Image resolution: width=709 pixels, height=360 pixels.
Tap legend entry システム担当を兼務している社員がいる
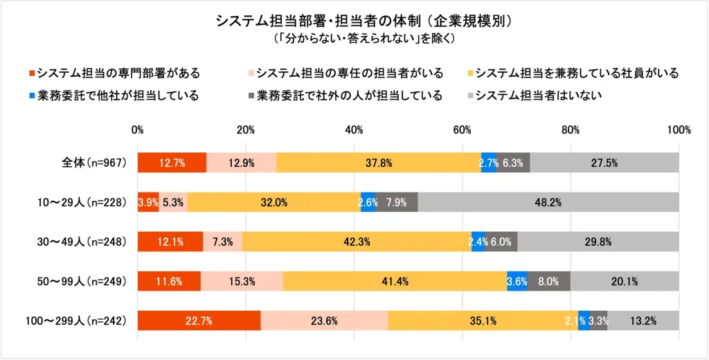(577, 73)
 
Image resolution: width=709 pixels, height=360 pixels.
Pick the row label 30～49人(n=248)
(80, 242)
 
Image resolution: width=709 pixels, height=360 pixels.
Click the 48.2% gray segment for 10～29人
(548, 202)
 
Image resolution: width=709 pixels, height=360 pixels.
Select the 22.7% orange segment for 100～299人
(199, 321)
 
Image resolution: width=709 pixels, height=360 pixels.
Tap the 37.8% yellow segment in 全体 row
(378, 163)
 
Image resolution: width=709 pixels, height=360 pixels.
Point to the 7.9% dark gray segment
(397, 202)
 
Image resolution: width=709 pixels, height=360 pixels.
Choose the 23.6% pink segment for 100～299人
(324, 321)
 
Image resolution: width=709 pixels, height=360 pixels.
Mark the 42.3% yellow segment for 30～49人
(357, 242)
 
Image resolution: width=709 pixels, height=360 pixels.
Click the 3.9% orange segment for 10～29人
(148, 202)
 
